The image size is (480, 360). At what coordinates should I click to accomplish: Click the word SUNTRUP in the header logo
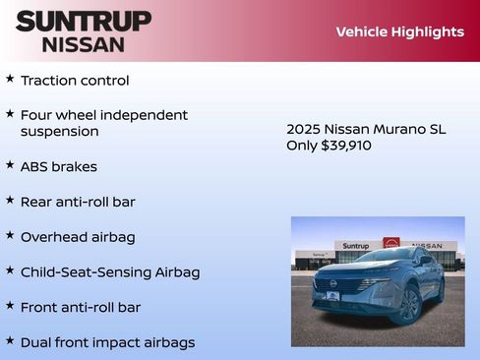84,21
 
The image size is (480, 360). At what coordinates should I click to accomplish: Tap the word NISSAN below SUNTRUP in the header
84,44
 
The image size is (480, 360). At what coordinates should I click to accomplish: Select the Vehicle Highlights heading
399,31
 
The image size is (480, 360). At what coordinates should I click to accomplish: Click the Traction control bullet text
75,81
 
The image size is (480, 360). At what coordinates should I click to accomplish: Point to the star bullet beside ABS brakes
10,165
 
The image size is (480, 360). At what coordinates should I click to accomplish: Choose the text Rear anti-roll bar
78,202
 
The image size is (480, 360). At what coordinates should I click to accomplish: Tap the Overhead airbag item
78,237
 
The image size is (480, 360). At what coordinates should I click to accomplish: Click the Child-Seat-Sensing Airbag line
110,272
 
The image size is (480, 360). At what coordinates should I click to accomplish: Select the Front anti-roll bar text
81,308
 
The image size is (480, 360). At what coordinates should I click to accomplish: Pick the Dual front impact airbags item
107,343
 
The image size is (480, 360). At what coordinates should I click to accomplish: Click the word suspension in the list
60,132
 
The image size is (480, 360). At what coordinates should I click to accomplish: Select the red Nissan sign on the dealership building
391,243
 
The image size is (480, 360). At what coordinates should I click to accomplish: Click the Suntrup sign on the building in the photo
357,246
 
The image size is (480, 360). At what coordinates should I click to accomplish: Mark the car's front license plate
332,296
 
